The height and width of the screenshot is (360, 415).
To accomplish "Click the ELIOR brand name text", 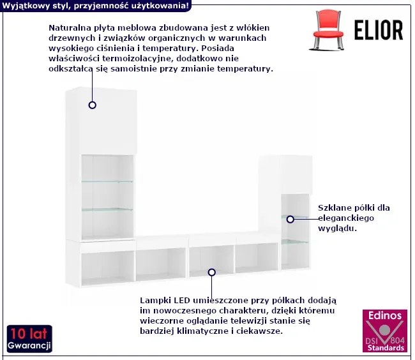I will click(378, 30).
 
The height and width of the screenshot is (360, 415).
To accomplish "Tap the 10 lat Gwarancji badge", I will click(29, 339).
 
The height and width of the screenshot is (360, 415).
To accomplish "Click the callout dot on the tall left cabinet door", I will click(93, 105).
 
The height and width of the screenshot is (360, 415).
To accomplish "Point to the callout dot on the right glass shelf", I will click(290, 219).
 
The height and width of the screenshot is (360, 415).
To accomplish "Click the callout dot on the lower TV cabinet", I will click(211, 272).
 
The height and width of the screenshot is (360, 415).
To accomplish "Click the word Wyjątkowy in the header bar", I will click(24, 5).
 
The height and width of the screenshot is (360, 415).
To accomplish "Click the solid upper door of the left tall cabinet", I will click(102, 121).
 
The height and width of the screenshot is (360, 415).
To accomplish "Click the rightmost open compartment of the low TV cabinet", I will click(257, 257).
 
